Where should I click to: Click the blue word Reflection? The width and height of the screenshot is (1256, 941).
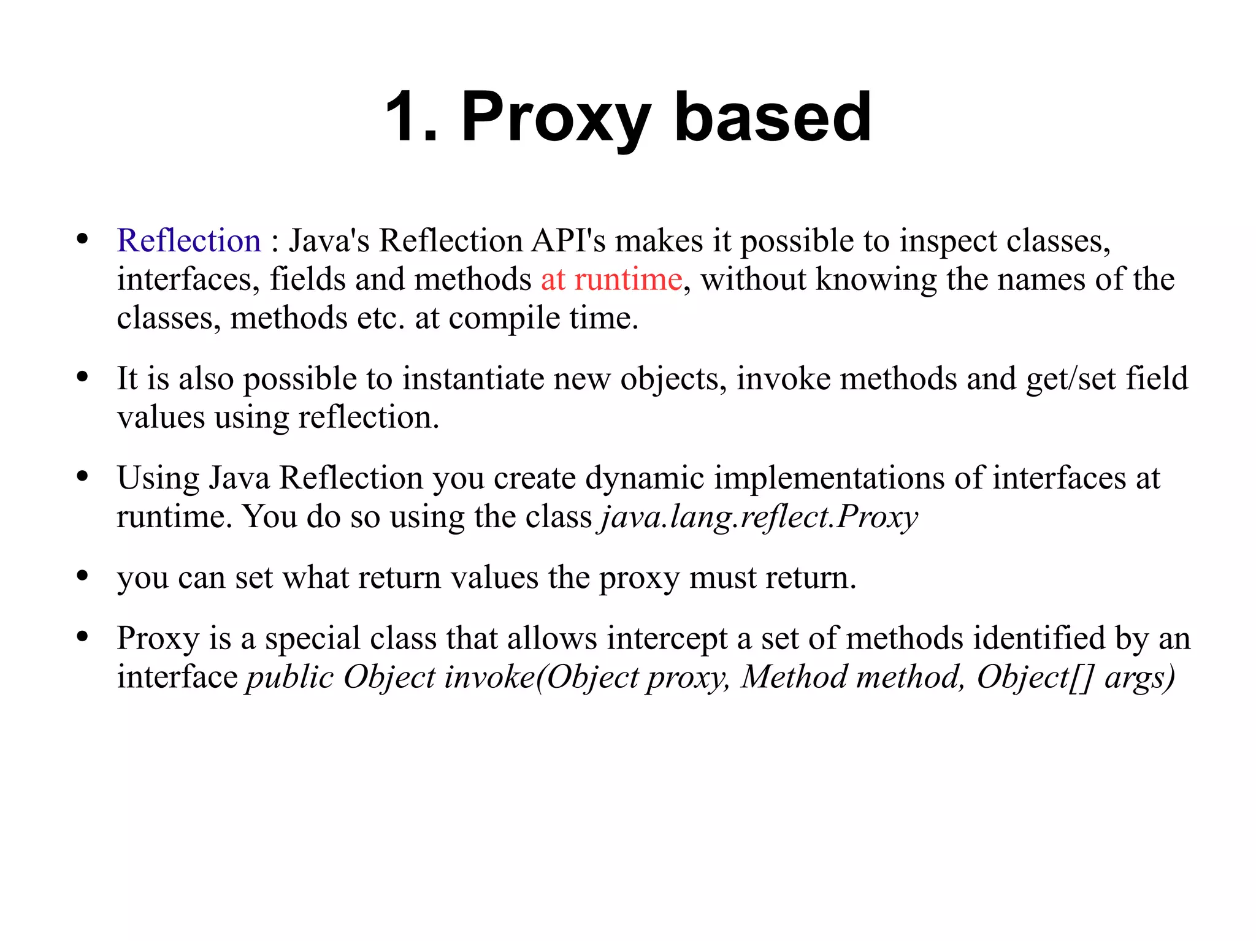click(x=189, y=240)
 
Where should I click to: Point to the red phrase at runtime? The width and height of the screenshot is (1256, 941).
click(x=611, y=280)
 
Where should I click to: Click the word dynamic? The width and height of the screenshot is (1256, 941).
click(x=644, y=478)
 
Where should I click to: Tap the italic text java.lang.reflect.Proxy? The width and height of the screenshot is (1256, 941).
click(x=759, y=517)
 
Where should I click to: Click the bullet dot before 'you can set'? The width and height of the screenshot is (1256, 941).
click(x=83, y=576)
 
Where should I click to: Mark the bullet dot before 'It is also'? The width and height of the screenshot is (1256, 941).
click(x=83, y=377)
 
